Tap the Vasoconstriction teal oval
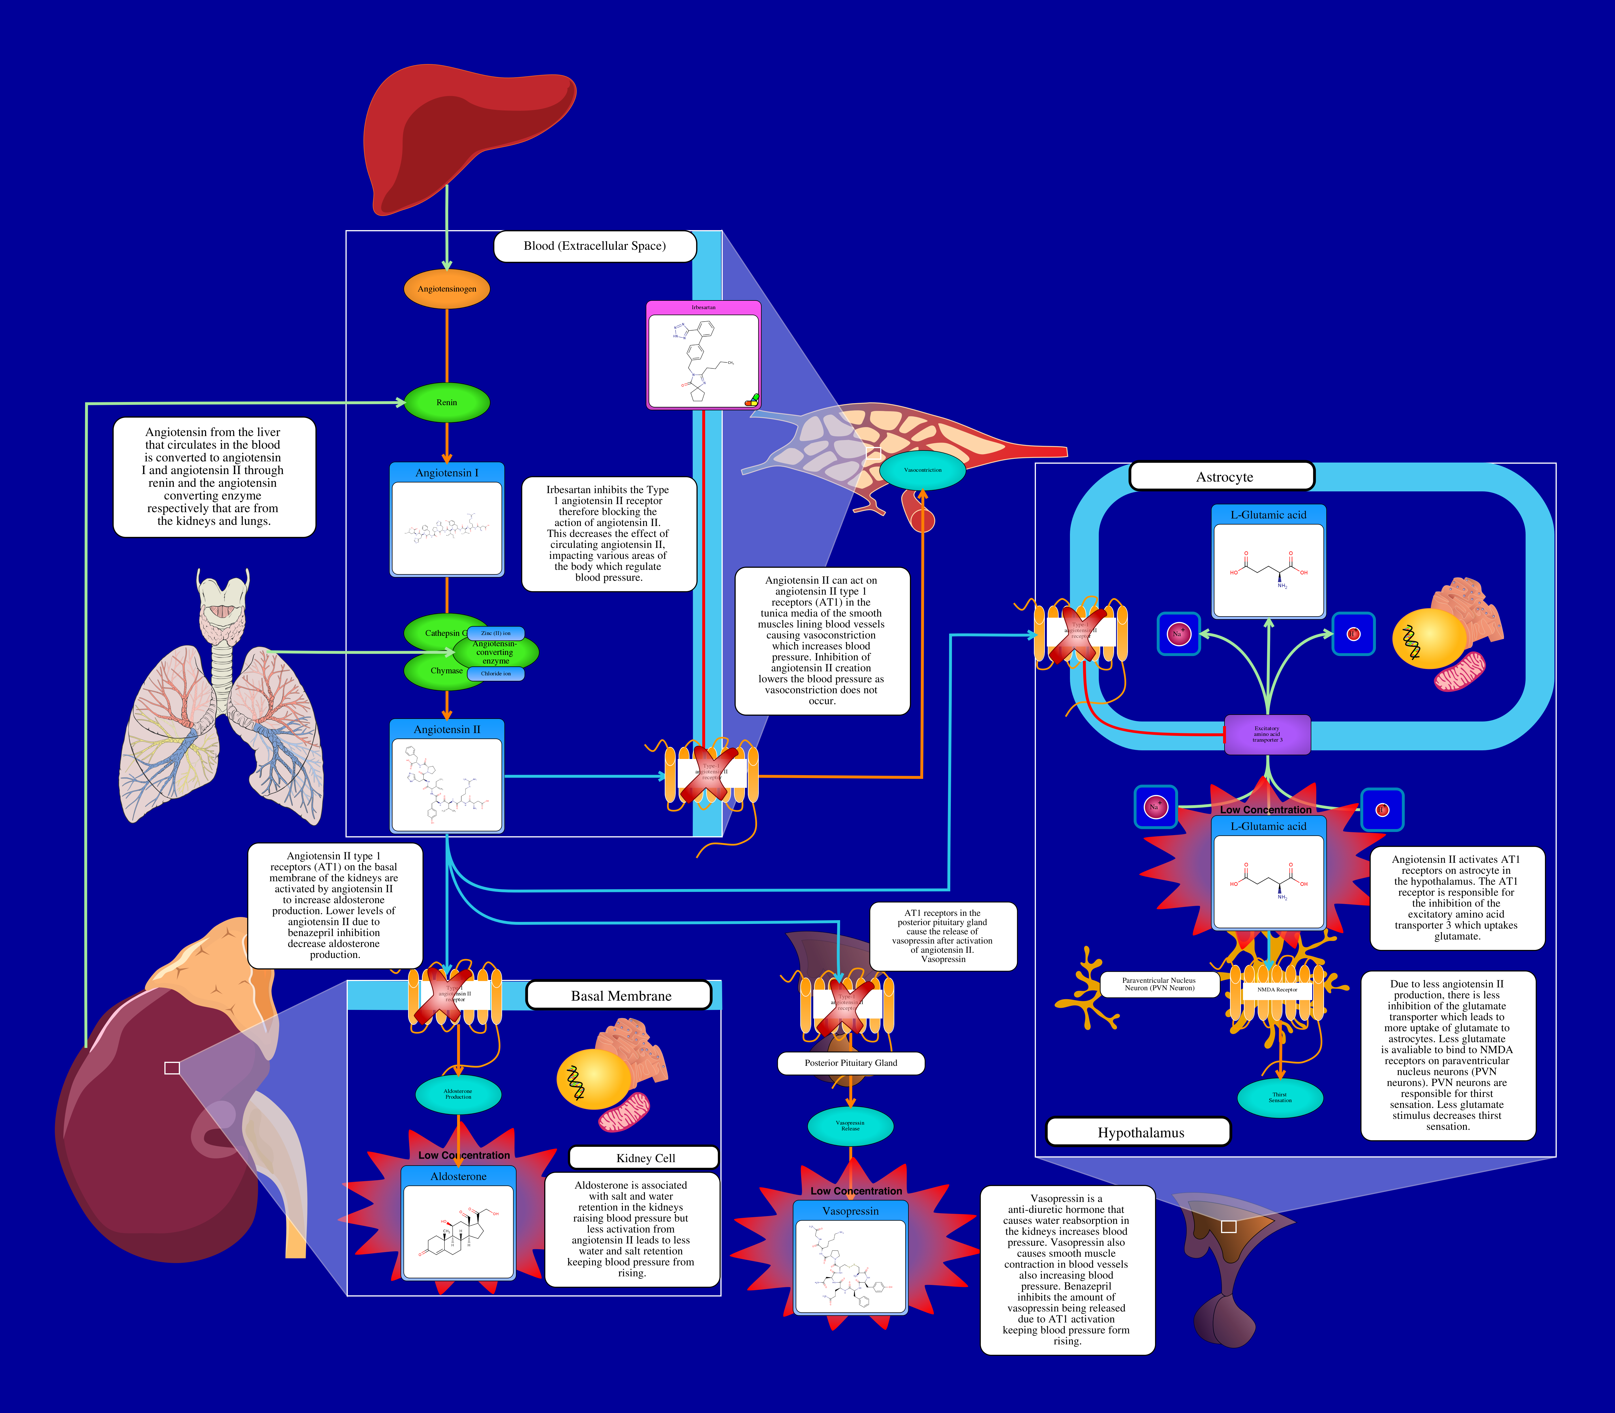pyautogui.click(x=922, y=470)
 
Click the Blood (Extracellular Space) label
pyautogui.click(x=595, y=246)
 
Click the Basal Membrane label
pyautogui.click(x=621, y=996)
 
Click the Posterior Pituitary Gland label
pyautogui.click(x=850, y=1063)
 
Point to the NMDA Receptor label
pyautogui.click(x=1277, y=990)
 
